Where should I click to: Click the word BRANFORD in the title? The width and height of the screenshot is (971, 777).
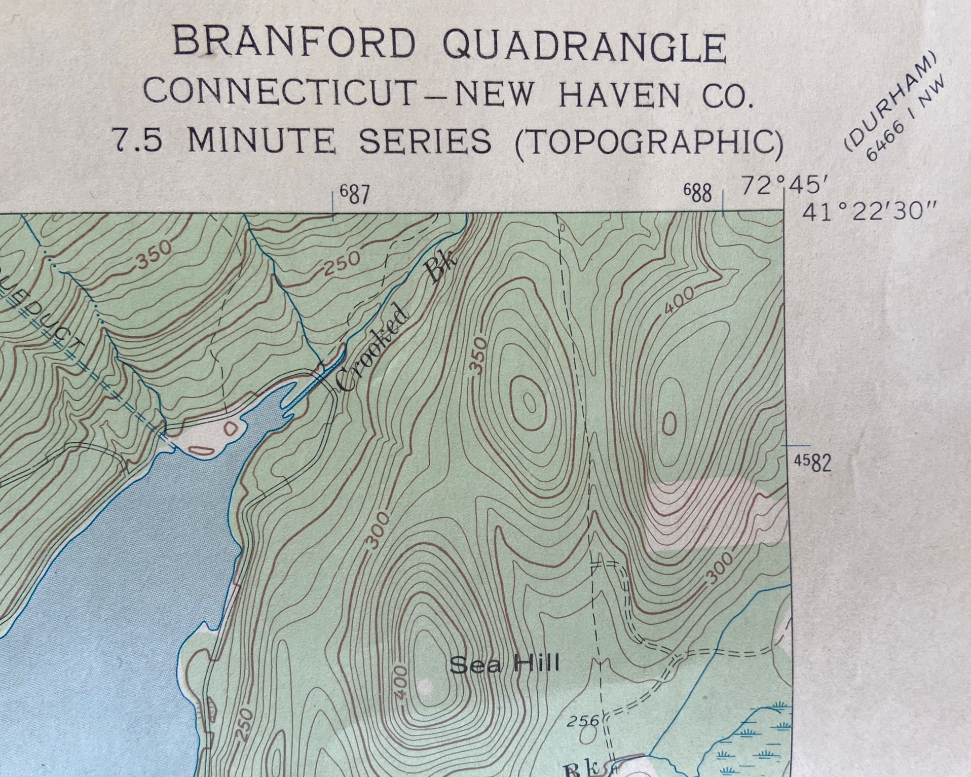coord(294,43)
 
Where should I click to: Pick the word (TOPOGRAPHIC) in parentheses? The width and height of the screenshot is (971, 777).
coord(649,142)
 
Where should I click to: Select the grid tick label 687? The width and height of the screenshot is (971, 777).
coord(355,194)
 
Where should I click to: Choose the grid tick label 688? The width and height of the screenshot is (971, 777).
coord(698,193)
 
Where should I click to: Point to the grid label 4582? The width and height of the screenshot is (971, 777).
coord(812,463)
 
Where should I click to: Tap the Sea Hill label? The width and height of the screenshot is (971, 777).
coord(504,664)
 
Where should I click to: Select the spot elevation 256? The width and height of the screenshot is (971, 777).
coord(582,720)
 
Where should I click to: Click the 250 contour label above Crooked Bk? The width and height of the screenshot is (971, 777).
coord(342,263)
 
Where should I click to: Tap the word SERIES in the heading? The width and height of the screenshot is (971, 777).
coord(425,140)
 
